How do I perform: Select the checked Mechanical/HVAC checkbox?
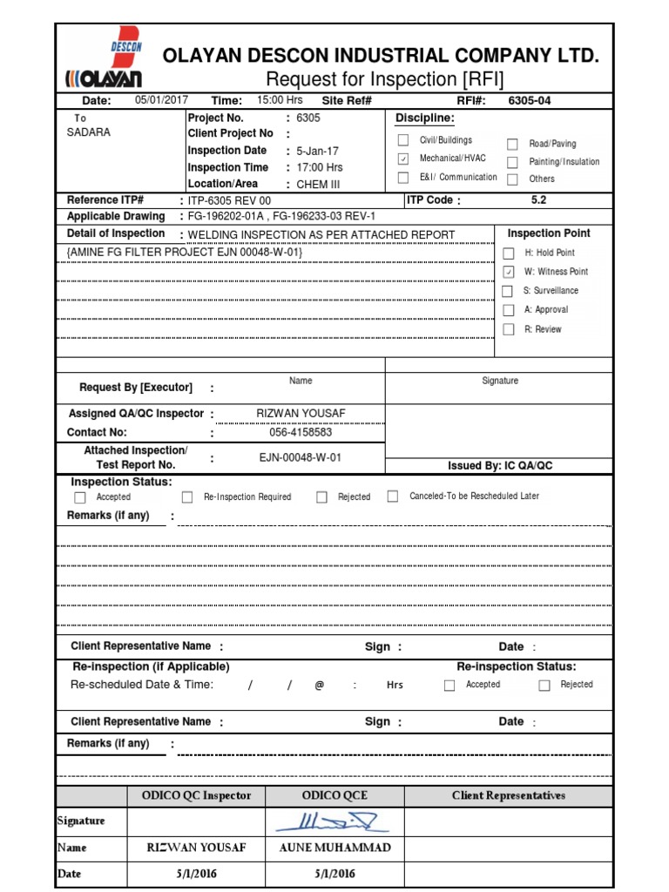click(x=402, y=159)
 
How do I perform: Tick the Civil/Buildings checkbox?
click(x=402, y=140)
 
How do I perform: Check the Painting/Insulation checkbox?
click(x=512, y=162)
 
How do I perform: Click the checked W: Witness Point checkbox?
click(x=508, y=273)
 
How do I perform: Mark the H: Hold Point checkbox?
click(x=508, y=253)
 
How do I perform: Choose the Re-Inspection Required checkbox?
click(x=187, y=497)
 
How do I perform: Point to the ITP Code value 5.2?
click(x=540, y=199)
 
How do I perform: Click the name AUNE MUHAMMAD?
click(x=334, y=848)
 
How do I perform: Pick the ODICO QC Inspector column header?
click(x=196, y=795)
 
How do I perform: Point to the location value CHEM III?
click(x=318, y=184)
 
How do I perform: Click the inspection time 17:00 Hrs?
click(x=320, y=167)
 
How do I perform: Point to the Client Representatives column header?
click(x=509, y=795)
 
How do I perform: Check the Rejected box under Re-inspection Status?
click(x=544, y=686)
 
